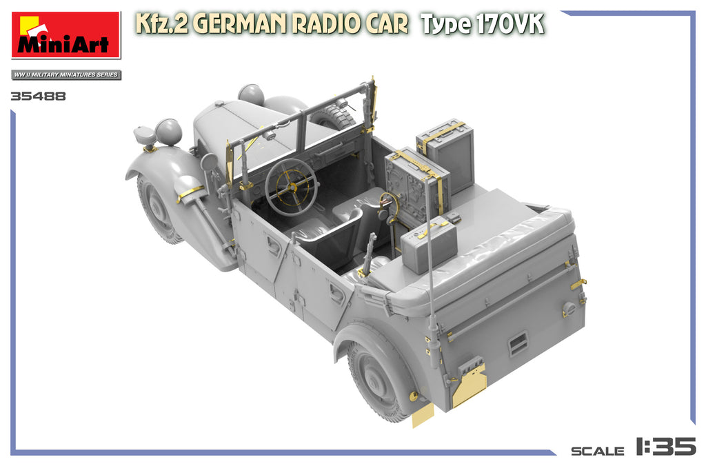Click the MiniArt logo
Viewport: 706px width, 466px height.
point(65,35)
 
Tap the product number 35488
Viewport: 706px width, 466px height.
point(39,97)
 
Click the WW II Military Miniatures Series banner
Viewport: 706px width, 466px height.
point(66,74)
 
